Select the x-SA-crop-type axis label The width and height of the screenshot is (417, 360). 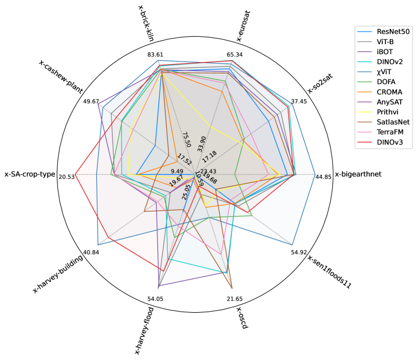pyautogui.click(x=30, y=174)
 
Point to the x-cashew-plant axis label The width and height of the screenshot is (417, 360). pyautogui.click(x=65, y=78)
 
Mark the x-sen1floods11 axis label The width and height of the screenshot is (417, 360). pyautogui.click(x=329, y=272)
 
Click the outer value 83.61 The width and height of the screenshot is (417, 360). pyautogui.click(x=158, y=55)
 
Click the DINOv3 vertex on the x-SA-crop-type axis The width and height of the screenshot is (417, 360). pyautogui.click(x=75, y=174)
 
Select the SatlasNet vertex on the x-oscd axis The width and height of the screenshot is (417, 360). pyautogui.click(x=232, y=288)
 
